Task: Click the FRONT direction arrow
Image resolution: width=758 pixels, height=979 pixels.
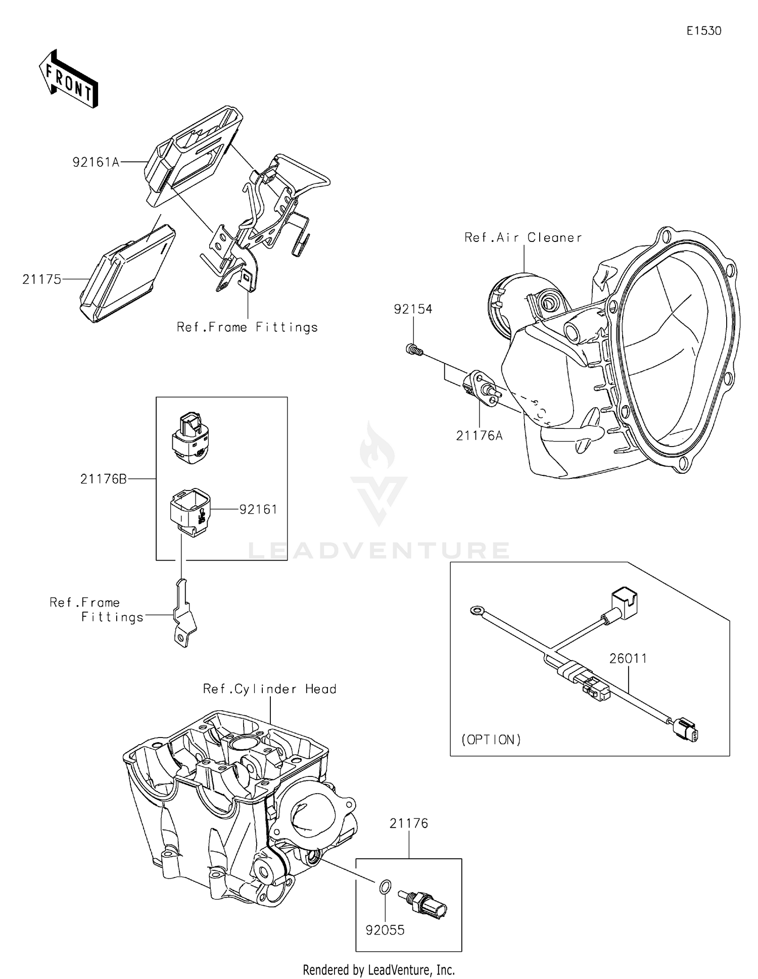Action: pos(68,79)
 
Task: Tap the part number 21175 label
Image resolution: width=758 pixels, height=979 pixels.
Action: pos(41,279)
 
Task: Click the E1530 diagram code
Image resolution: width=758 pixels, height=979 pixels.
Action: pos(703,31)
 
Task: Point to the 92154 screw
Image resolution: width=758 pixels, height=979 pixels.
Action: pos(414,349)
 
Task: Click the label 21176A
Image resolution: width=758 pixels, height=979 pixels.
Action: pos(479,435)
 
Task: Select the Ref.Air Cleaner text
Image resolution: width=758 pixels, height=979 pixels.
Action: pos(523,237)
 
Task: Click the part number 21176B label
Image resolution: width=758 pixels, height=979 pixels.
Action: pos(104,479)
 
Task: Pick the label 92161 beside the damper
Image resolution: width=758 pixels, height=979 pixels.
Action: pos(258,510)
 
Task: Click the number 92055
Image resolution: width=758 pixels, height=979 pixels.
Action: pos(385,930)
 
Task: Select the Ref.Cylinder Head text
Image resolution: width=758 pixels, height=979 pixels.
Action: pos(269,689)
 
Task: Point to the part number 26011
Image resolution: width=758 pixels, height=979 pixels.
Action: pos(628,659)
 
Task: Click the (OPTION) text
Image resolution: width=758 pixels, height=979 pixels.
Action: pos(491,740)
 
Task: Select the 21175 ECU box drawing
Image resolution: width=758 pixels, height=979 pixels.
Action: pos(128,273)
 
